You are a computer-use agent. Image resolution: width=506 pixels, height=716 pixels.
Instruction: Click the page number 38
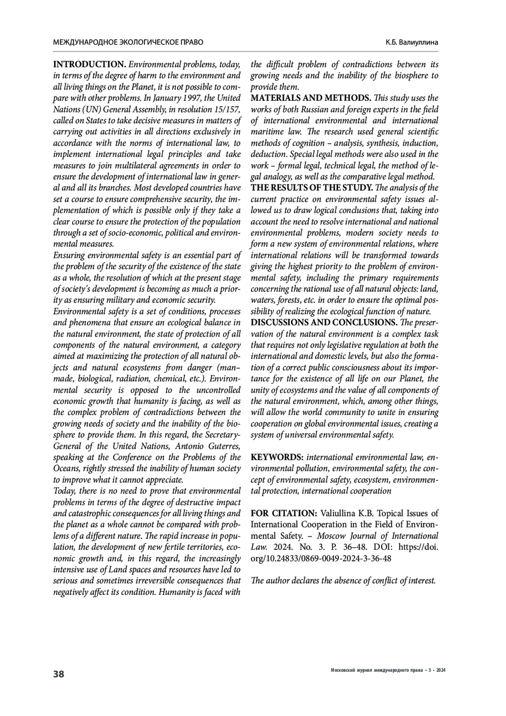59,674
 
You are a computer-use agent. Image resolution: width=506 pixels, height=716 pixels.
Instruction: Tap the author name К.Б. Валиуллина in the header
412,42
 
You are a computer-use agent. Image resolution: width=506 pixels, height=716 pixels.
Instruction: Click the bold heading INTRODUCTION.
89,65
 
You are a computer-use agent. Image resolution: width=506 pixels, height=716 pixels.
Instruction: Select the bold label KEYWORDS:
277,457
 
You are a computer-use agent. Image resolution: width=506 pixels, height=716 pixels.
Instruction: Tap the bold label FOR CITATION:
284,513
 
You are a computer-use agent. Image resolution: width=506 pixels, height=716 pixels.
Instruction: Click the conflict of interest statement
343,581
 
